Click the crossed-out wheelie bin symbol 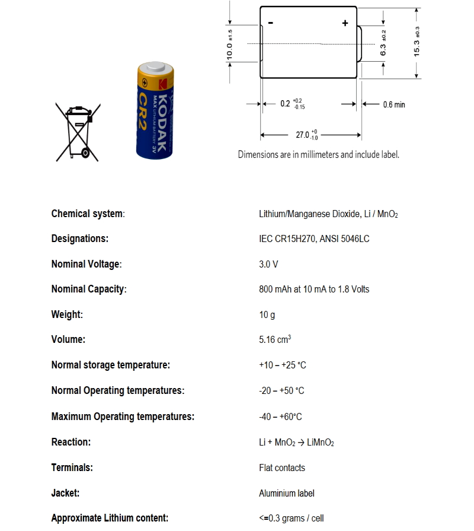[76, 132]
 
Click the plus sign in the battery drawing [345, 23]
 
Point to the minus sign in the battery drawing [271, 23]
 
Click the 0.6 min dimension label [394, 105]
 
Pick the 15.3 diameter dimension [417, 42]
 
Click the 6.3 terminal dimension [383, 43]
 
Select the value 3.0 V [268, 264]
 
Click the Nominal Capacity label [89, 290]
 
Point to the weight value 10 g [267, 315]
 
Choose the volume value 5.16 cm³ [275, 340]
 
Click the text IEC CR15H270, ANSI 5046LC [315, 239]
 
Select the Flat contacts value [282, 468]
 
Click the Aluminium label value [287, 493]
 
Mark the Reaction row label [71, 442]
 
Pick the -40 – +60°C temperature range [280, 417]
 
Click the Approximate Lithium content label [110, 518]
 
